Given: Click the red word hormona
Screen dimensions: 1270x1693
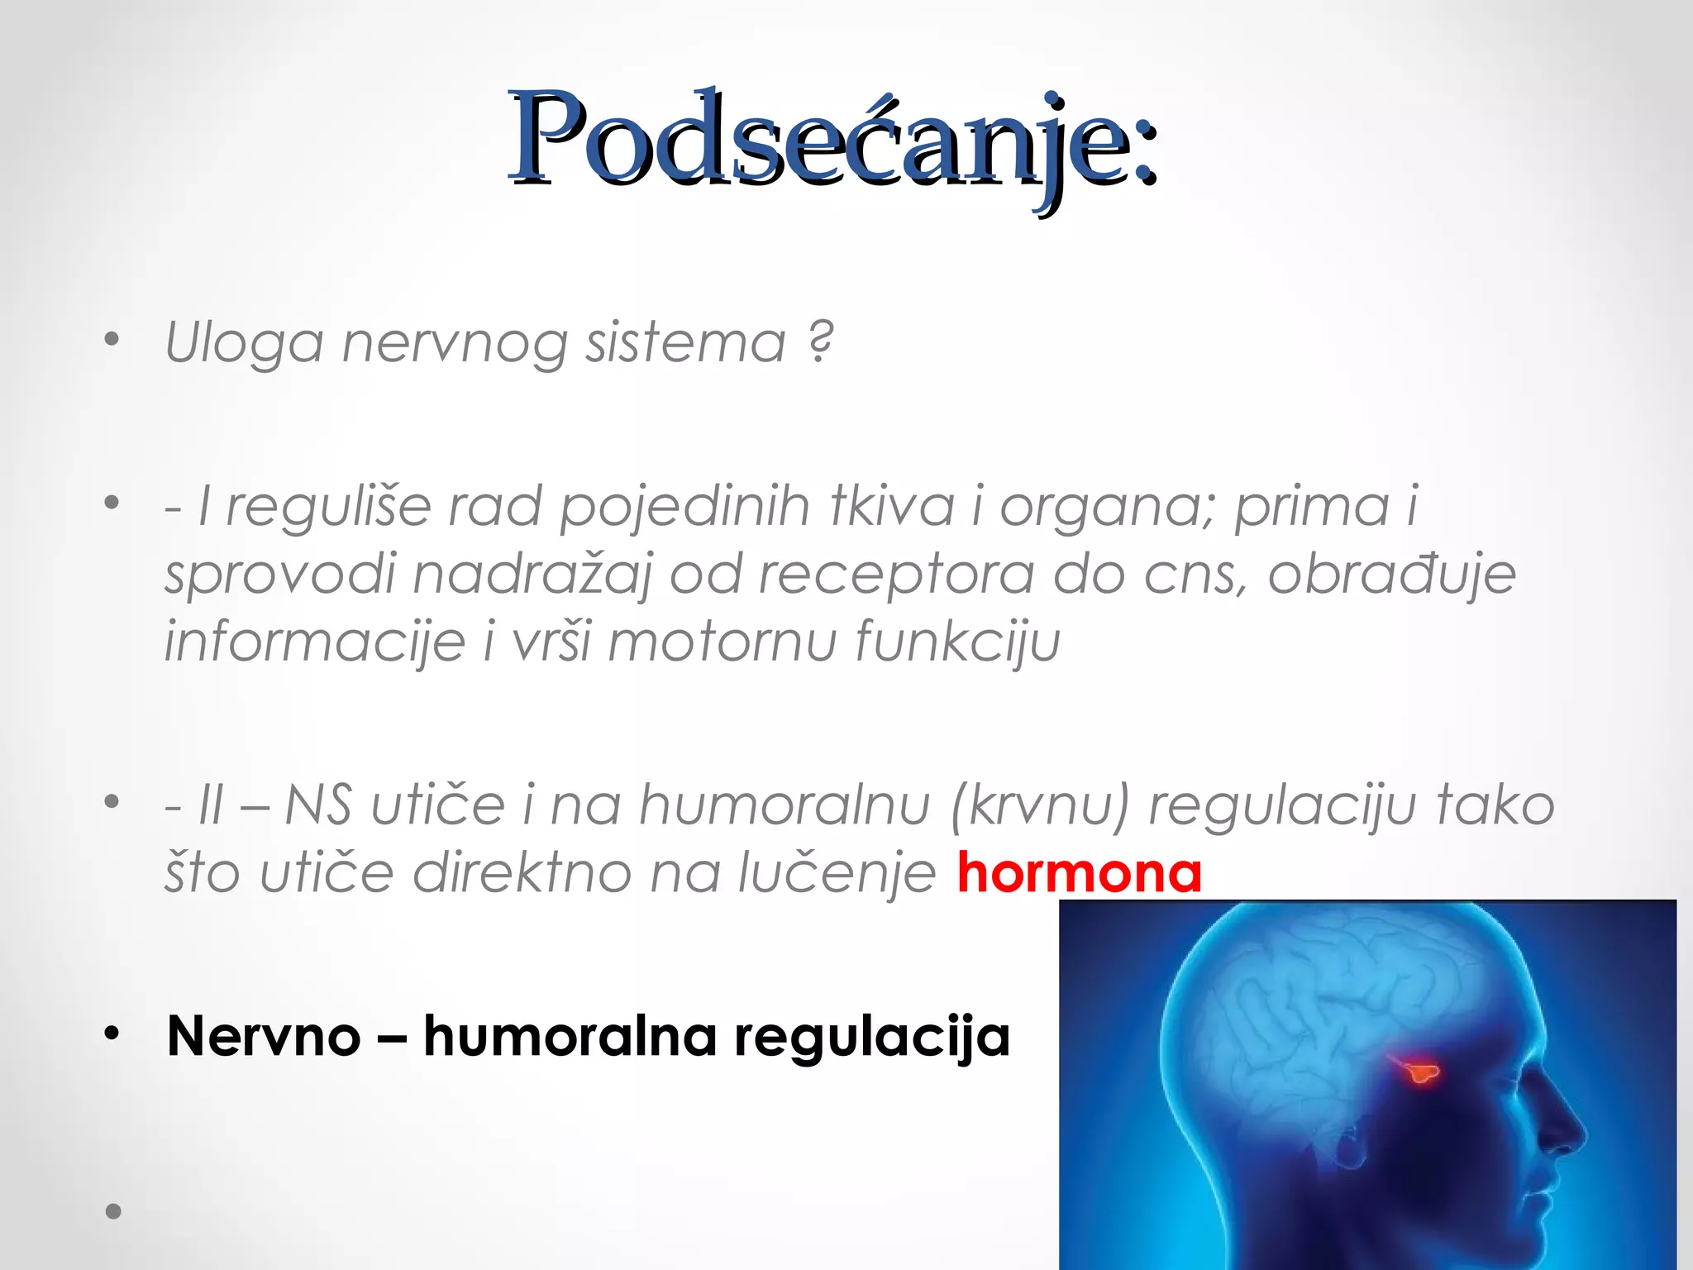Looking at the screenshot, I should pyautogui.click(x=1079, y=873).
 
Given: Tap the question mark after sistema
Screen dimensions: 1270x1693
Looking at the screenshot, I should pyautogui.click(x=821, y=341).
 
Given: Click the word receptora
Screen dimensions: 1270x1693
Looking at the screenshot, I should pyautogui.click(x=897, y=573).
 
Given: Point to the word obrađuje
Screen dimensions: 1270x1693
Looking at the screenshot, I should pyautogui.click(x=1392, y=573).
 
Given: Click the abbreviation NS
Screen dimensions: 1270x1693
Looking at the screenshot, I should pyautogui.click(x=318, y=804).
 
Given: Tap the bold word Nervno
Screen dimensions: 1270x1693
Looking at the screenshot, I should pyautogui.click(x=264, y=1036).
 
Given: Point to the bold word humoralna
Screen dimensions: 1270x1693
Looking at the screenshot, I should pyautogui.click(x=570, y=1036).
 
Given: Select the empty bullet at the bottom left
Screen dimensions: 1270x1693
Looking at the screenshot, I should pyautogui.click(x=113, y=1212).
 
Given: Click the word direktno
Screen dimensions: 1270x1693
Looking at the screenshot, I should pyautogui.click(x=522, y=873).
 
